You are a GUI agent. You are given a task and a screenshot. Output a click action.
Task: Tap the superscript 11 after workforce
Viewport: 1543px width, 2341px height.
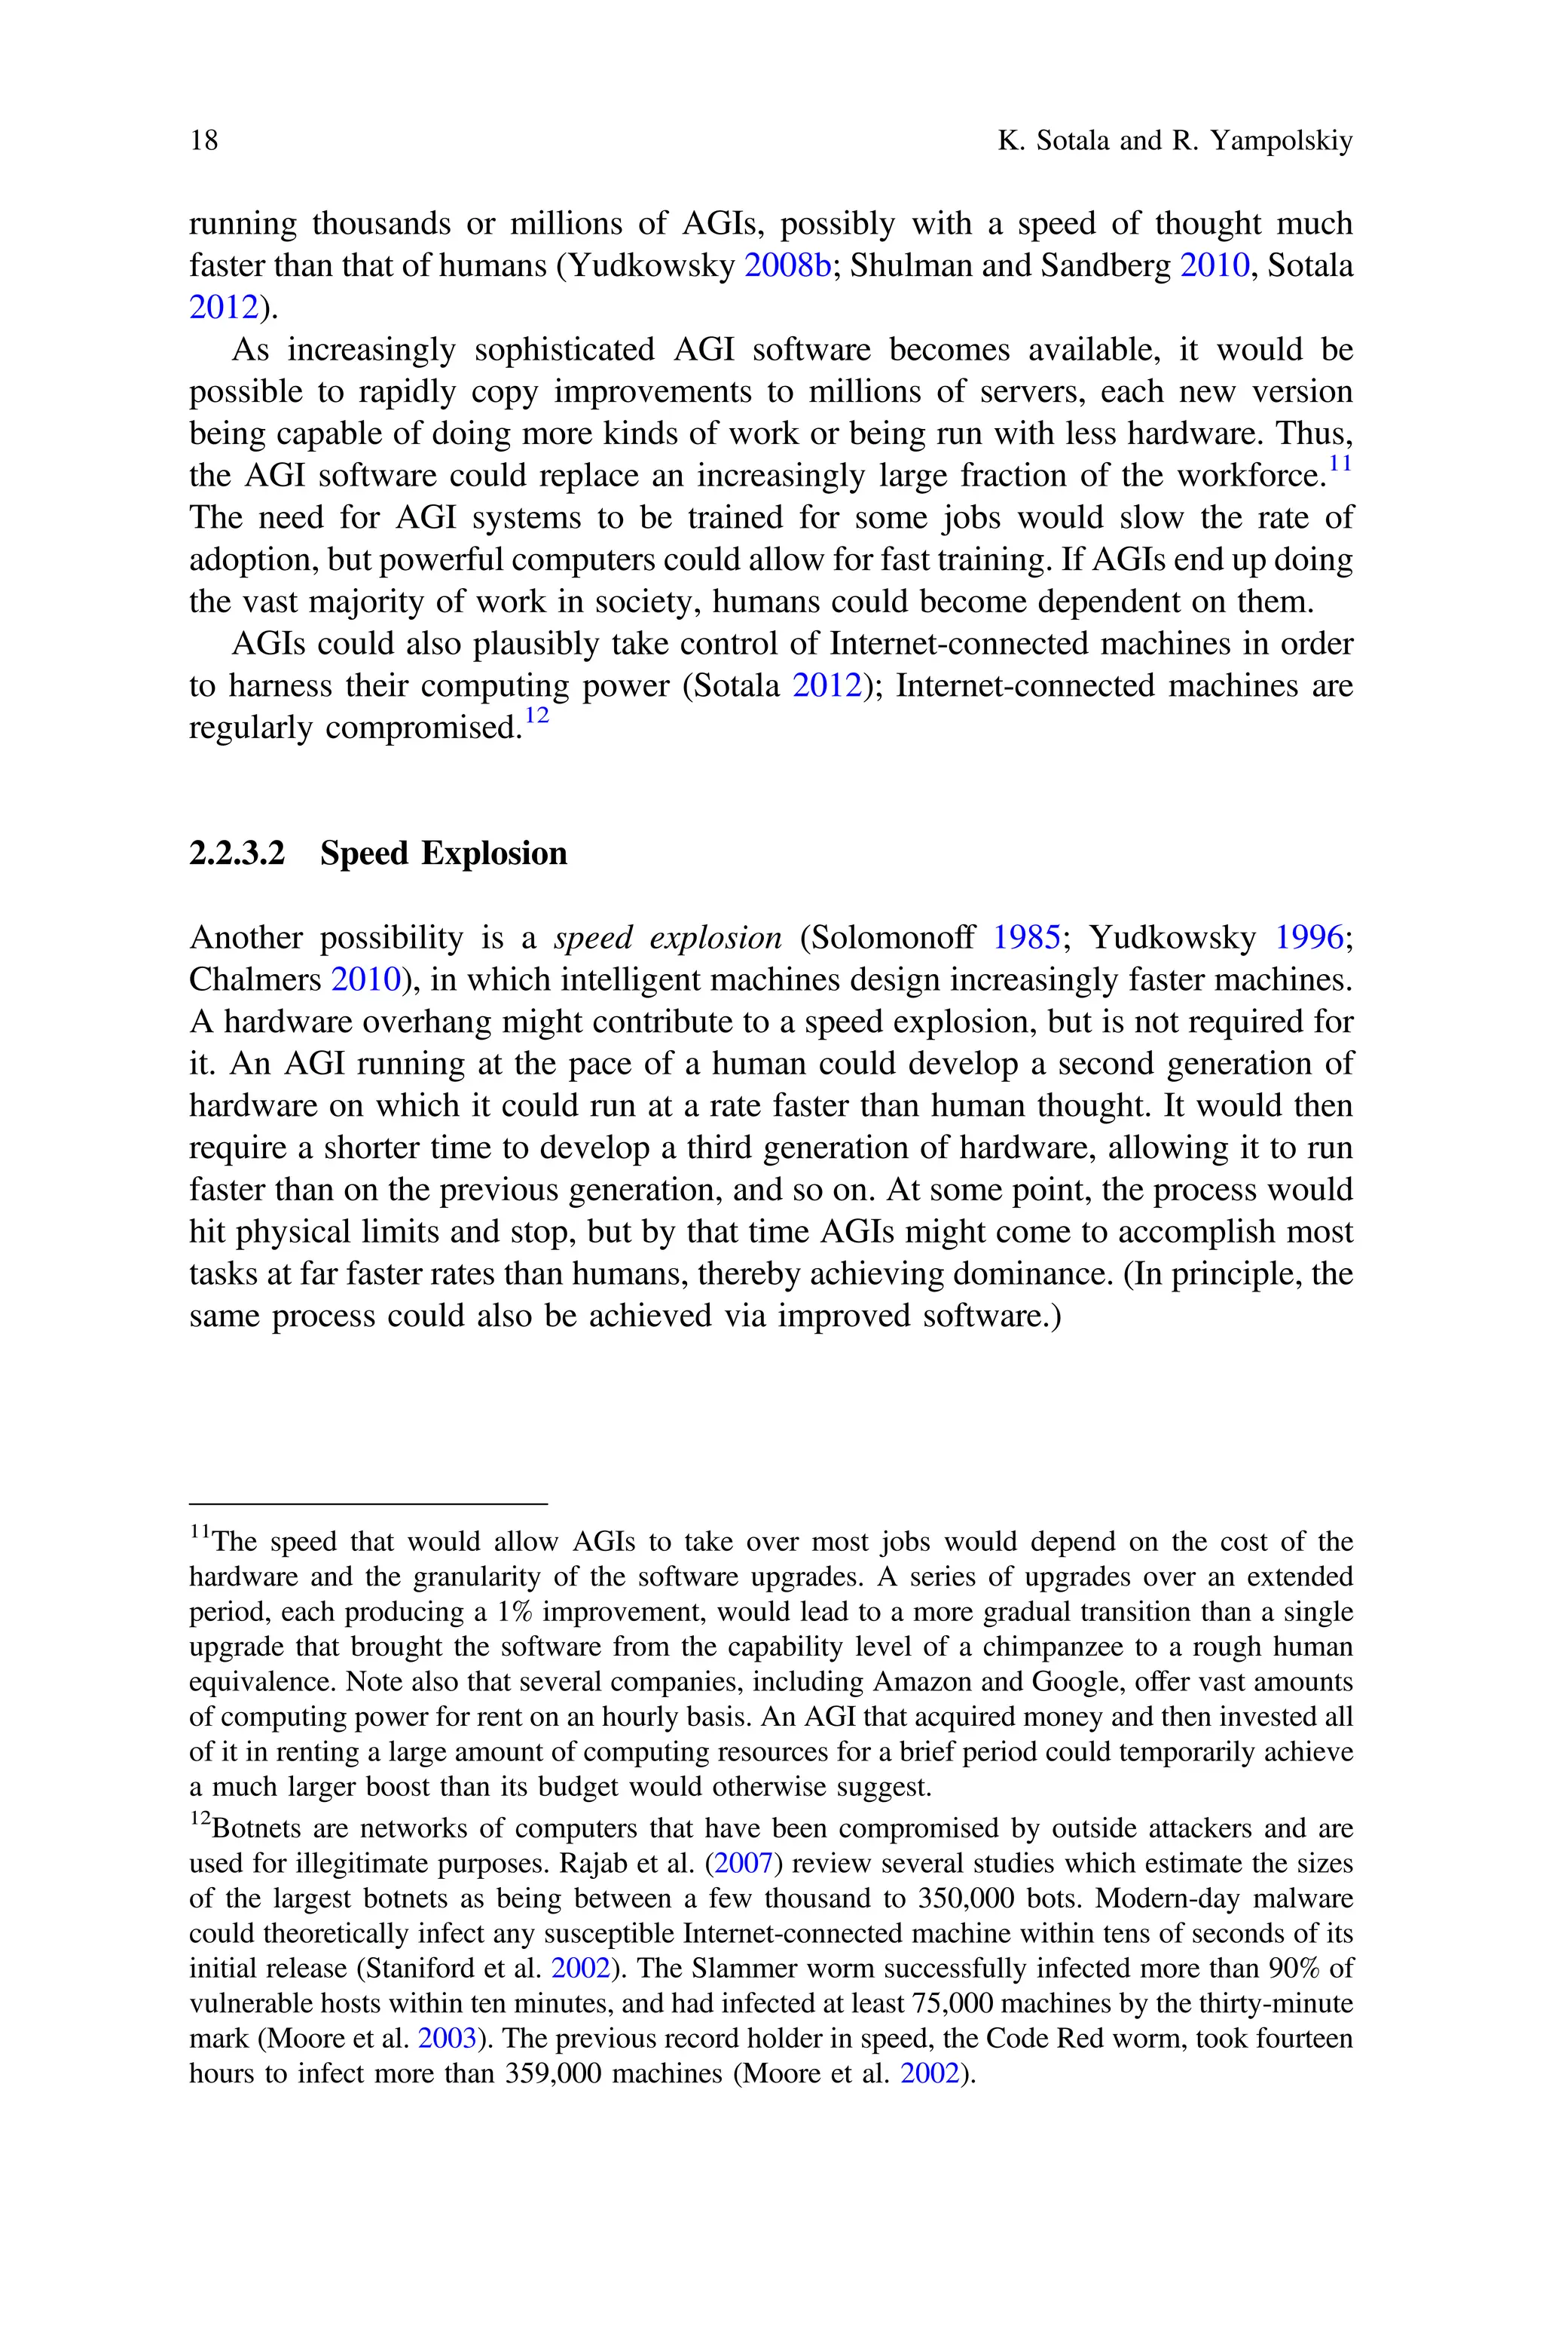(x=1340, y=463)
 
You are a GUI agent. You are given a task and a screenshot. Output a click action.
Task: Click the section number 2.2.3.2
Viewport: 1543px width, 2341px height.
(x=236, y=853)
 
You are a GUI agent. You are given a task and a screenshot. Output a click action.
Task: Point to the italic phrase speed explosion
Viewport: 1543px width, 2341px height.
(x=668, y=938)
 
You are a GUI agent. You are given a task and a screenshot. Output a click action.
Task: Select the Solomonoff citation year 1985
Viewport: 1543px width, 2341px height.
(x=1025, y=938)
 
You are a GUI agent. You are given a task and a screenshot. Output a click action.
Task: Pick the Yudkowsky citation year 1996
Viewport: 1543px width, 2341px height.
(x=1309, y=938)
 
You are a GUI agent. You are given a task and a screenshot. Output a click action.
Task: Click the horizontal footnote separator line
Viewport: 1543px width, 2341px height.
(x=367, y=1504)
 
